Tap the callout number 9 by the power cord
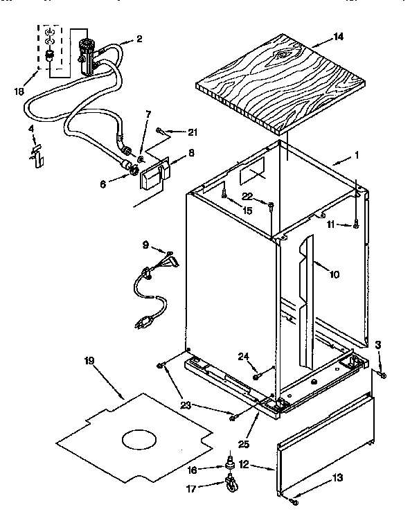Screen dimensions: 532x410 145,245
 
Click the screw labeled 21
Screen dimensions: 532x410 160,130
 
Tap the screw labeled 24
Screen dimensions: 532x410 257,376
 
